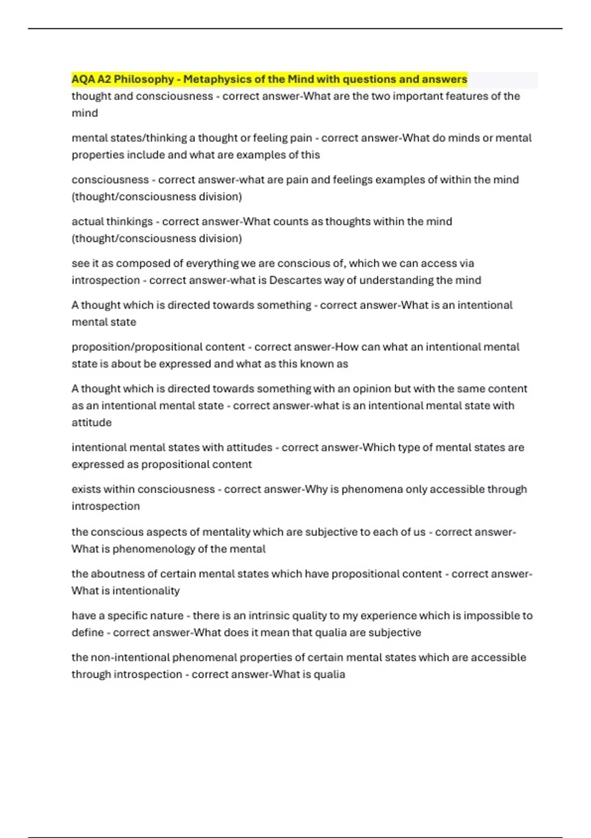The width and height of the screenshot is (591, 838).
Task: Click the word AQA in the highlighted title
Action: [x=82, y=79]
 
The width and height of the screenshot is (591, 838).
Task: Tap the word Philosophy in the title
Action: [x=144, y=79]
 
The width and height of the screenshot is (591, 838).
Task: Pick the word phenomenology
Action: [x=154, y=549]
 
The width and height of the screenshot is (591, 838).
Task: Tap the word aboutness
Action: [x=116, y=574]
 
